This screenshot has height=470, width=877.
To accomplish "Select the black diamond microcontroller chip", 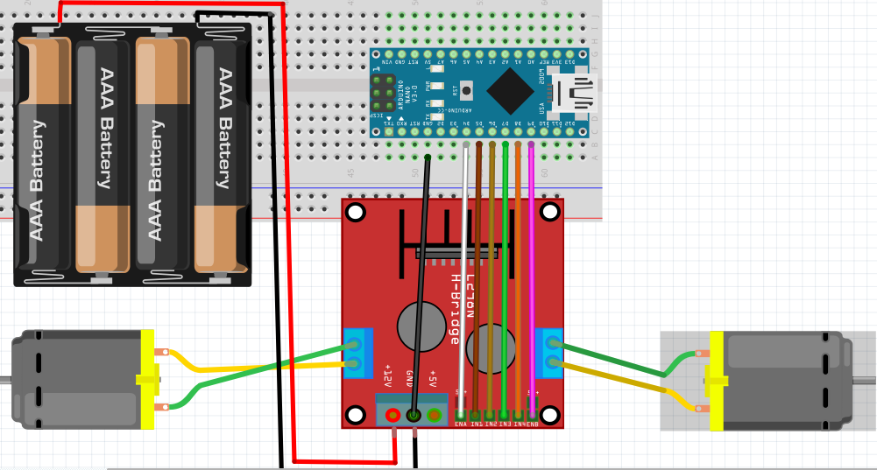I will click(x=510, y=90).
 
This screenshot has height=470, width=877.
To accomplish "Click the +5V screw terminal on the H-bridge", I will click(x=434, y=415).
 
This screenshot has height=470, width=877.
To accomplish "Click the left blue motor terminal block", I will click(x=356, y=353).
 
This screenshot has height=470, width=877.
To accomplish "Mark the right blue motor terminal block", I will click(x=552, y=352).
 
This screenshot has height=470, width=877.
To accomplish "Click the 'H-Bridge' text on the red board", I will click(x=456, y=310).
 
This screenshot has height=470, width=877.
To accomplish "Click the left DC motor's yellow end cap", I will click(x=146, y=379).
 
